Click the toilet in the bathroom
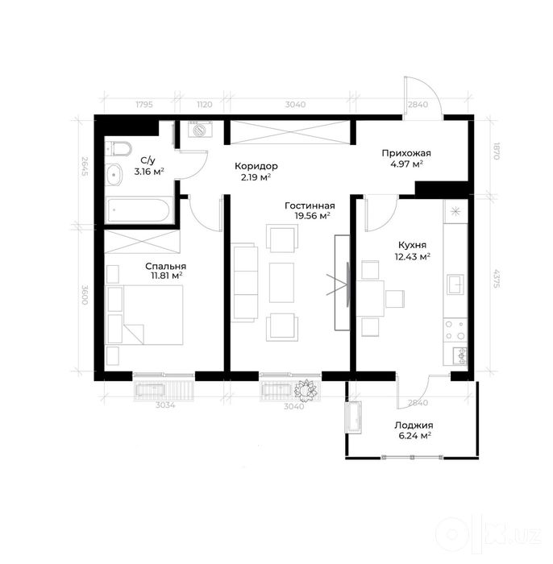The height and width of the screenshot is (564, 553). point(118,148)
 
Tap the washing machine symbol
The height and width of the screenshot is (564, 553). point(200,129)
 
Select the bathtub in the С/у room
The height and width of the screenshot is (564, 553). point(137,209)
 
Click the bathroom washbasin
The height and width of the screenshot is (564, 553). point(114,175)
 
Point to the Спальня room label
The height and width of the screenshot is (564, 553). point(166,266)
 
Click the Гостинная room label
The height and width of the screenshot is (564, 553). point(310,205)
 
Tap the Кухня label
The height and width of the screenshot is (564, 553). point(412,245)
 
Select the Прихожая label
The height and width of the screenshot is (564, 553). point(406,153)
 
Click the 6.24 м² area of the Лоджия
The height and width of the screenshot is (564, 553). point(414,436)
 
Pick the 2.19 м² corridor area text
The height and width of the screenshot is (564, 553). point(256,176)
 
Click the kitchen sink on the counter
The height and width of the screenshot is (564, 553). point(455,284)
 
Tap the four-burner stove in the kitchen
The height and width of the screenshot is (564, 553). point(455,330)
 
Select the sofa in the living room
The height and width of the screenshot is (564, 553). point(245,283)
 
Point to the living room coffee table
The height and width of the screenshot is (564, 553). point(281,282)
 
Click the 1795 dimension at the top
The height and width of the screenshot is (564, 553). point(144,105)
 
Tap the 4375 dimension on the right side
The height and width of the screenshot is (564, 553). point(497,279)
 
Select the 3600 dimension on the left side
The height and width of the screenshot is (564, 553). point(85,295)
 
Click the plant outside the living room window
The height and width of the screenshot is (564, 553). point(306,389)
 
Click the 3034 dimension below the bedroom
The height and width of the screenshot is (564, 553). point(165,405)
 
